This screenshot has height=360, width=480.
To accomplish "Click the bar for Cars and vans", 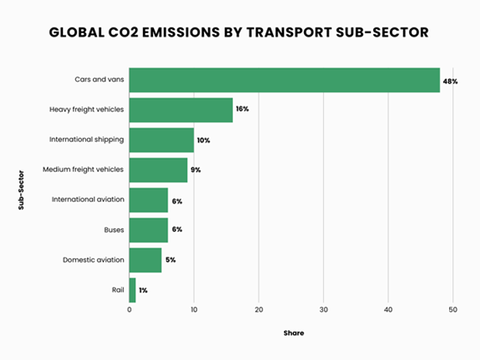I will (x=285, y=80).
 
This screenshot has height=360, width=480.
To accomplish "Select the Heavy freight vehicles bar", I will (x=181, y=110).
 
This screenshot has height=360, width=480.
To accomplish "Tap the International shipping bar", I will (x=162, y=140).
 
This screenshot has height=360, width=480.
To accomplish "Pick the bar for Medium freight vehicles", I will (x=158, y=170).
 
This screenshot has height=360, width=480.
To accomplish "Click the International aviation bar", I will (x=148, y=200).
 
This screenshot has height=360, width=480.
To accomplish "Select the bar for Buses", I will (x=148, y=230).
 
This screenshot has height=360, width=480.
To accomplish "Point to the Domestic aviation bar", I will (x=145, y=260).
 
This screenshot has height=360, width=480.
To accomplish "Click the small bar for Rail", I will (x=132, y=290).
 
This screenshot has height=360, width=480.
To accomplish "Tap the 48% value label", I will (x=451, y=80).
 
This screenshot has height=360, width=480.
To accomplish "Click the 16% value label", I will (x=242, y=109).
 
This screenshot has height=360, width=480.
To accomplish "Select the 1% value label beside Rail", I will (x=143, y=290).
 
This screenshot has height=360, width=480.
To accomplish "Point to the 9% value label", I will (x=195, y=169).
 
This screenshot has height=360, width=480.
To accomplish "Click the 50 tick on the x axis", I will (x=454, y=310).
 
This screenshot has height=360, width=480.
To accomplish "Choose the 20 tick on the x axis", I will (x=259, y=310).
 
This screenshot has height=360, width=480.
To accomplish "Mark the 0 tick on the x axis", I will (x=129, y=310).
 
